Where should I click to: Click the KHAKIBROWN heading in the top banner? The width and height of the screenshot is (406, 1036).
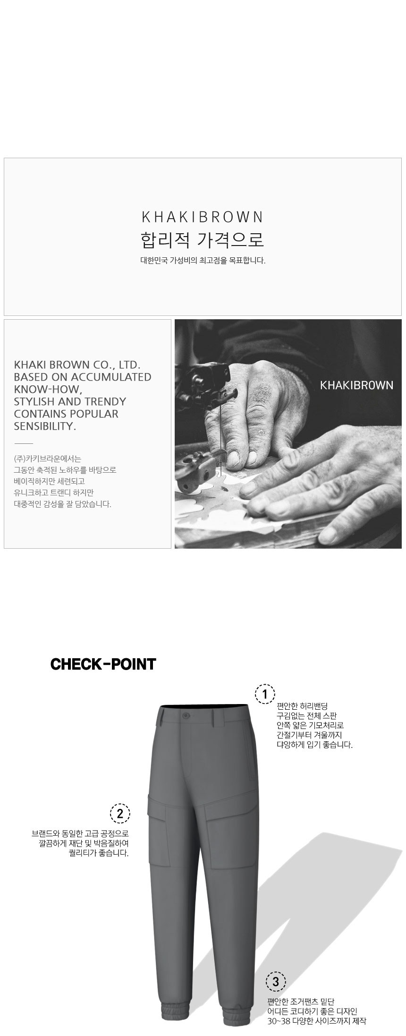coord(203,217)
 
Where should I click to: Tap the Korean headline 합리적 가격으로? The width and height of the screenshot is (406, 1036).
coord(203,239)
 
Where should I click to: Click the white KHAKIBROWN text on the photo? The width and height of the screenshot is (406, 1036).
coord(356,385)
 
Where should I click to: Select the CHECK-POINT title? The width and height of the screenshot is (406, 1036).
coord(103,664)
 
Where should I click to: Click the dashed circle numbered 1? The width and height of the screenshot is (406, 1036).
coord(265,694)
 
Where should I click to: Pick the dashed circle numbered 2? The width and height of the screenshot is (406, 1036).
coord(119,813)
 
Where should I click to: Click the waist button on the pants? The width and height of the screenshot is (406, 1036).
coord(186,715)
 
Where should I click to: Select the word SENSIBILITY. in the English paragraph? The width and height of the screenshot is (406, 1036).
coord(45,426)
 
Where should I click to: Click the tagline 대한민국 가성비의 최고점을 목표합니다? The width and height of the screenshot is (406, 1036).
coord(203,260)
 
